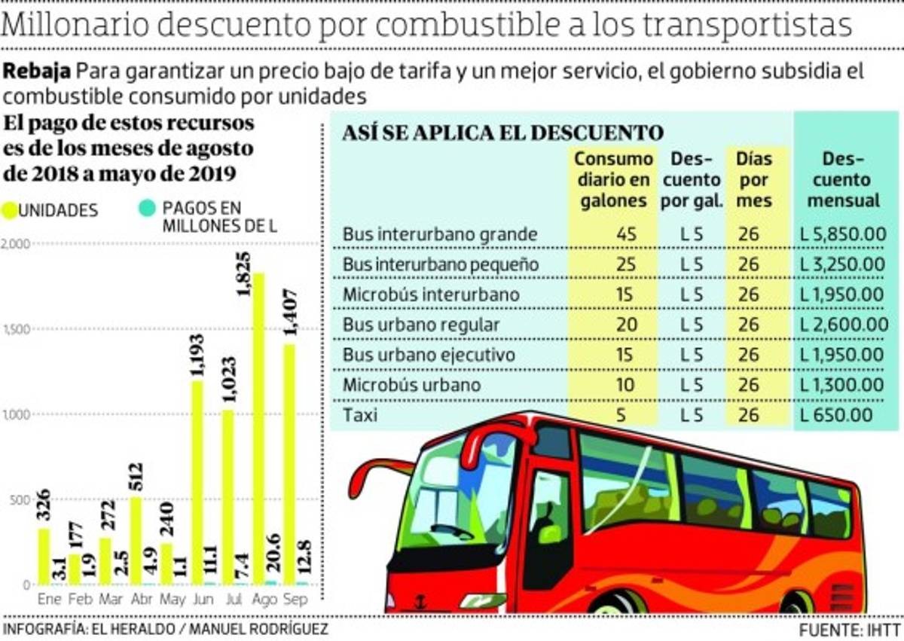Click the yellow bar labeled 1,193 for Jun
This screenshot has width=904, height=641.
[197, 482]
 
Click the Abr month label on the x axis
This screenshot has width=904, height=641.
[140, 600]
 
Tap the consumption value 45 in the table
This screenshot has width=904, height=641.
[626, 234]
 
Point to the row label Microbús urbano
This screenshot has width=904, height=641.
[411, 385]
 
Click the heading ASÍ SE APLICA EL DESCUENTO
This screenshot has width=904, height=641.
[502, 133]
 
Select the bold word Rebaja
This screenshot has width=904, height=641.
[38, 72]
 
